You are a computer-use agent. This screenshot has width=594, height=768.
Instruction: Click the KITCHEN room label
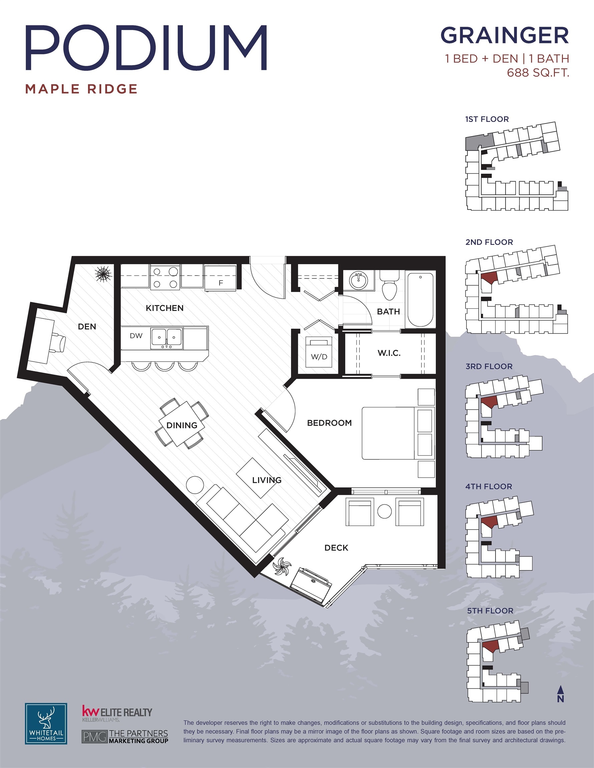(x=165, y=308)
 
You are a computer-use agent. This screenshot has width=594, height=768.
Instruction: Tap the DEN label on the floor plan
(x=87, y=327)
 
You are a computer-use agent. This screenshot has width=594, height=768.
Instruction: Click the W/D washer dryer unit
(x=319, y=352)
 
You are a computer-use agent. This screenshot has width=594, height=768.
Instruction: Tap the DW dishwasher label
(x=136, y=336)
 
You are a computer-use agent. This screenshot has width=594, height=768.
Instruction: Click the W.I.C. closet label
(x=389, y=353)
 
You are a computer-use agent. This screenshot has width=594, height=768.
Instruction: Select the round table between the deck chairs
(x=384, y=511)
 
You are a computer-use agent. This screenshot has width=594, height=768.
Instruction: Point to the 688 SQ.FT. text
(x=538, y=72)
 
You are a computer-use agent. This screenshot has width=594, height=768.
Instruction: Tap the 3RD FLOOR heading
(x=489, y=366)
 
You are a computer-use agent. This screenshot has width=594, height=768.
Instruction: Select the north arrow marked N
(x=561, y=694)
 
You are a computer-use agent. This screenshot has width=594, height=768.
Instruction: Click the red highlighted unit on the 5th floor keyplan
(x=490, y=646)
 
